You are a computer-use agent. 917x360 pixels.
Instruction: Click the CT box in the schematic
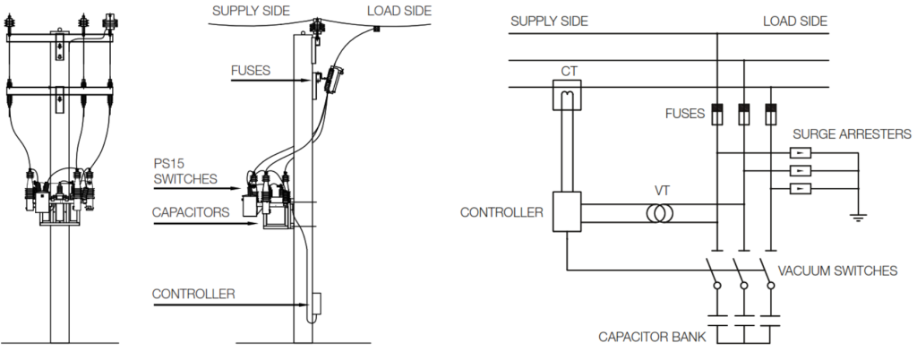567,95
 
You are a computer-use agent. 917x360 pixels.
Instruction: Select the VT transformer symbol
659,214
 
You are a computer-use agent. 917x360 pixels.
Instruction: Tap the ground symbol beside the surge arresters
858,218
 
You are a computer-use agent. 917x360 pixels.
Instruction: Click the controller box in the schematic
567,211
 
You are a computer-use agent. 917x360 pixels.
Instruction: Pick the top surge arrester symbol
800,153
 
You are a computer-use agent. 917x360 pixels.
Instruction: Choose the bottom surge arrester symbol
800,188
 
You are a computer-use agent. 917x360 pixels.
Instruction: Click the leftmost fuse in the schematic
717,114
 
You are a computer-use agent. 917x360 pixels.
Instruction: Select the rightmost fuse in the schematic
771,114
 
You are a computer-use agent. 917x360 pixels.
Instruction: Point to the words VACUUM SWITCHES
837,270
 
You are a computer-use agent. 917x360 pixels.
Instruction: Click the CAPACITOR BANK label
652,338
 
